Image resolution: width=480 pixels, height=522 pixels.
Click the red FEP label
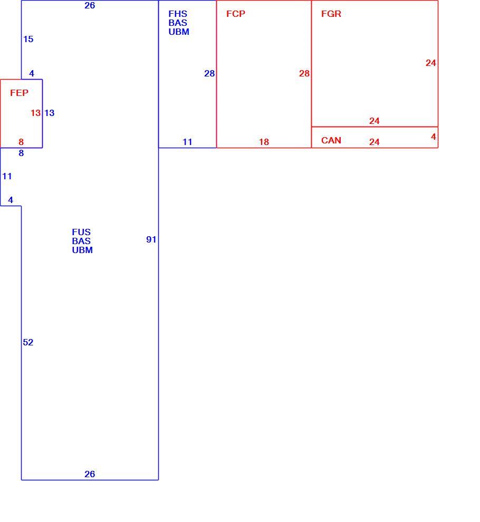coord(19,93)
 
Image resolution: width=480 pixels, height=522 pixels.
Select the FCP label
coord(235,14)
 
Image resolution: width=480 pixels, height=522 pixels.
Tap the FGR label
coord(331,14)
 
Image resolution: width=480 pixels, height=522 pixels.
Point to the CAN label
coord(331,140)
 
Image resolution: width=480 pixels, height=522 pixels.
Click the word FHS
coord(178,14)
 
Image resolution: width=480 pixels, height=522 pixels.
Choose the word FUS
coord(81,232)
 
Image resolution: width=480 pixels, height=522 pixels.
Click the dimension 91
coord(151,240)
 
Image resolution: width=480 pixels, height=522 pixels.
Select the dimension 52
coord(28,342)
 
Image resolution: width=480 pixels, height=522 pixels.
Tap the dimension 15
coord(28,40)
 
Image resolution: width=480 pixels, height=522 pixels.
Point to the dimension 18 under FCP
coord(264,142)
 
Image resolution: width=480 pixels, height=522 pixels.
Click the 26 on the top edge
coord(90,6)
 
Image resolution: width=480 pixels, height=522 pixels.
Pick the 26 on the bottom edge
coord(90,474)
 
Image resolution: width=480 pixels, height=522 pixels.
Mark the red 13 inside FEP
coord(36,113)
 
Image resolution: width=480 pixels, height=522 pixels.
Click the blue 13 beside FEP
coord(49,113)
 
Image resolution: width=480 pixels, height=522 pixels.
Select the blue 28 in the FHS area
coord(209,74)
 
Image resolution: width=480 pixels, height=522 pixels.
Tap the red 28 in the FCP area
coord(304,74)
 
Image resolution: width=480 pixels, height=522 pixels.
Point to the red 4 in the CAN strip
coord(434,137)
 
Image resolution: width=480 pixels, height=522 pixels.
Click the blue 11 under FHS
coord(188,142)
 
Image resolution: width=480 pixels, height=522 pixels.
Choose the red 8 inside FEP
coord(21,142)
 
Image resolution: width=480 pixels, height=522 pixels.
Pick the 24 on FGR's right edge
coord(431,63)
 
